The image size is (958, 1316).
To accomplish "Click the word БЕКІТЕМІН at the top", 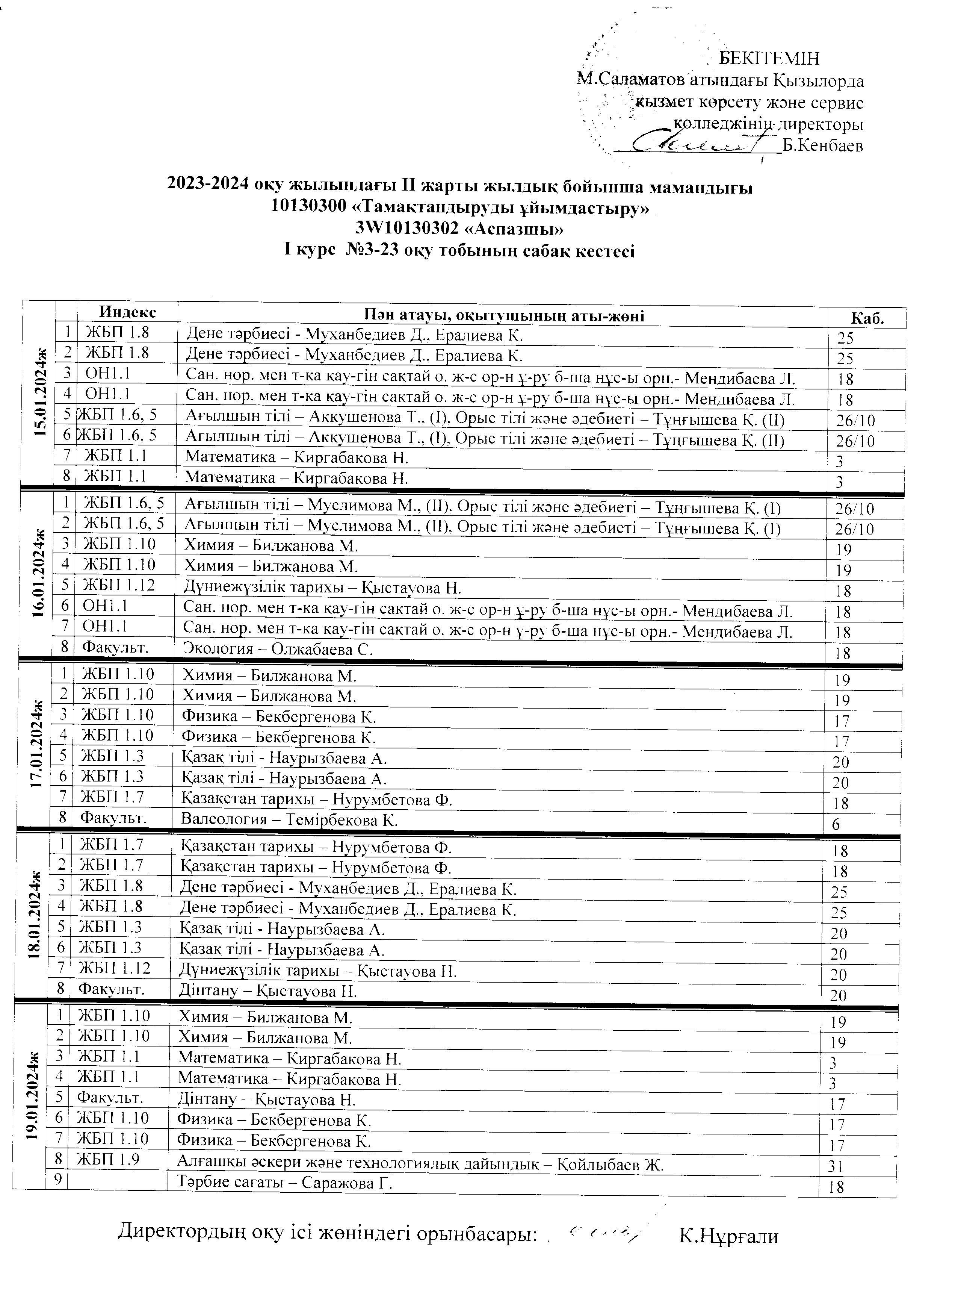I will pos(769,59).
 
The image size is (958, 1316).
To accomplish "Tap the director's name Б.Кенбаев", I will pos(822,145).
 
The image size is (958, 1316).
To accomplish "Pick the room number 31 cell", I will pos(836,1166).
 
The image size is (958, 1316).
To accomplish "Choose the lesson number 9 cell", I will pos(57,1180).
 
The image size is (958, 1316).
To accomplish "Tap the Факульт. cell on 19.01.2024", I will pos(110,1098).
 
